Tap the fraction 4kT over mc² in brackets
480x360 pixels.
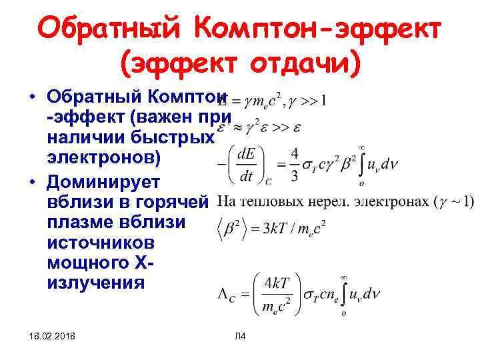(x=275, y=291)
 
